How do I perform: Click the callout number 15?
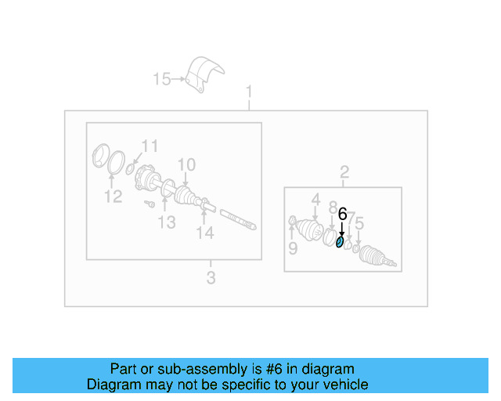(161, 78)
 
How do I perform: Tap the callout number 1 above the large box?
(249, 94)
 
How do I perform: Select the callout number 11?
(149, 146)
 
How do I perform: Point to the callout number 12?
(114, 196)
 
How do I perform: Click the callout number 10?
(186, 164)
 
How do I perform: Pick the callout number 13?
(167, 222)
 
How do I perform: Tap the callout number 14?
(204, 233)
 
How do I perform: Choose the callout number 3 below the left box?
(211, 277)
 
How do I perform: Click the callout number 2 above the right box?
(343, 172)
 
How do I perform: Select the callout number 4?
(315, 199)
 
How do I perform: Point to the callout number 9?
(292, 249)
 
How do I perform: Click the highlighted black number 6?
(341, 212)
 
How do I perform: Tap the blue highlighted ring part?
(339, 242)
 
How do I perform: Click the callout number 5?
(359, 226)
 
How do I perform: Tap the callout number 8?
(332, 208)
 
